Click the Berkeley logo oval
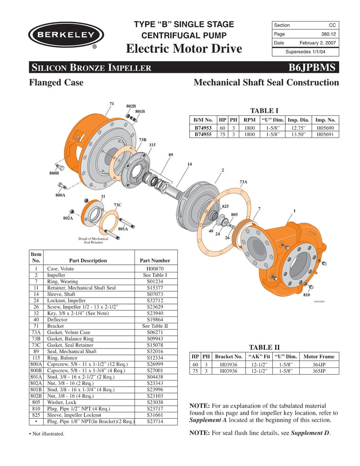(x=66, y=35)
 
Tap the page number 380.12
(x=327, y=34)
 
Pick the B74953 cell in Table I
(x=203, y=128)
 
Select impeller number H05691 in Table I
(x=325, y=134)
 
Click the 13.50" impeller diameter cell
(x=298, y=134)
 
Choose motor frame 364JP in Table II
(x=319, y=365)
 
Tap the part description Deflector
(x=57, y=319)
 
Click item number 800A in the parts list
(x=36, y=364)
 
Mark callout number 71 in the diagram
(x=112, y=104)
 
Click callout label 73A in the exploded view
(x=243, y=182)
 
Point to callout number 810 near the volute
(x=306, y=295)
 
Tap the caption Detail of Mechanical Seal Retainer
(x=93, y=240)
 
